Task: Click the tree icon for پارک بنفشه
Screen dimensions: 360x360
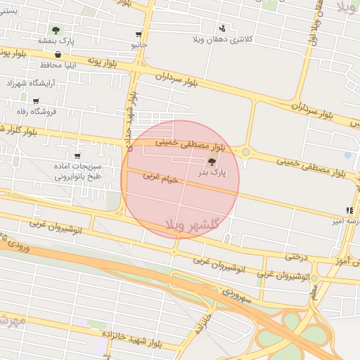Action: click(x=56, y=30)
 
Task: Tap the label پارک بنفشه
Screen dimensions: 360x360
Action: click(x=56, y=41)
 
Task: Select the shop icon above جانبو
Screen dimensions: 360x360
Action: click(x=139, y=34)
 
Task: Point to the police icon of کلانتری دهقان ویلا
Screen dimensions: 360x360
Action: click(x=223, y=28)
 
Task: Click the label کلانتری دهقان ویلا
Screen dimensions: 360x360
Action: click(x=224, y=39)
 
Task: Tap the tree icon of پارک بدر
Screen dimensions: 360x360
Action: click(x=212, y=162)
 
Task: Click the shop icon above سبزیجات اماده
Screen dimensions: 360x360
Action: click(x=77, y=156)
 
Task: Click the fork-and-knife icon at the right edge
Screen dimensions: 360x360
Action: click(x=349, y=210)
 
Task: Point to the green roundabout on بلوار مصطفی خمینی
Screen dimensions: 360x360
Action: click(x=246, y=151)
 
